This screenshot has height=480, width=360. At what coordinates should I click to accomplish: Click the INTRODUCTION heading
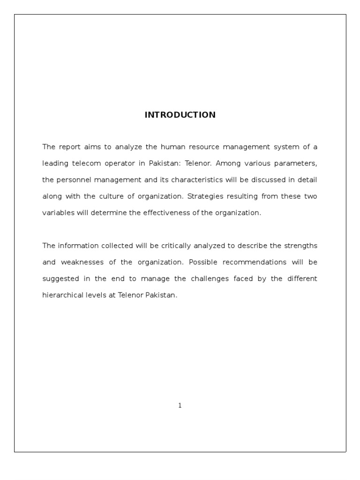coord(180,115)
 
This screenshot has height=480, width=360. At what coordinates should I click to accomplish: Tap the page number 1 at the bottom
coord(180,405)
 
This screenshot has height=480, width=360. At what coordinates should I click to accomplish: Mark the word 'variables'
coord(58,213)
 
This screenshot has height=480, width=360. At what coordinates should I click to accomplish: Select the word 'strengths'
coord(300,246)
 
